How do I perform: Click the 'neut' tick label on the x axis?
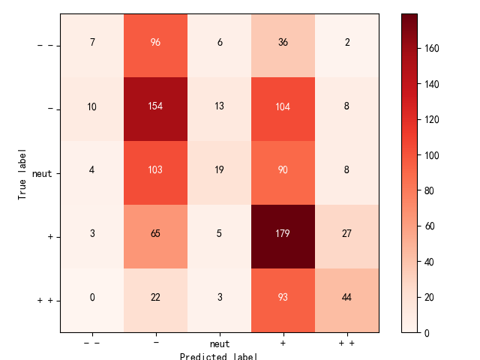[x=219, y=343]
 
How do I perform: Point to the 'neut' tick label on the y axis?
[x=43, y=173]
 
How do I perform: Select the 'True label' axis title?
[x=22, y=172]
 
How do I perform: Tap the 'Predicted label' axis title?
[x=219, y=355]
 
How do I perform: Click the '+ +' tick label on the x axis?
[x=346, y=343]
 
